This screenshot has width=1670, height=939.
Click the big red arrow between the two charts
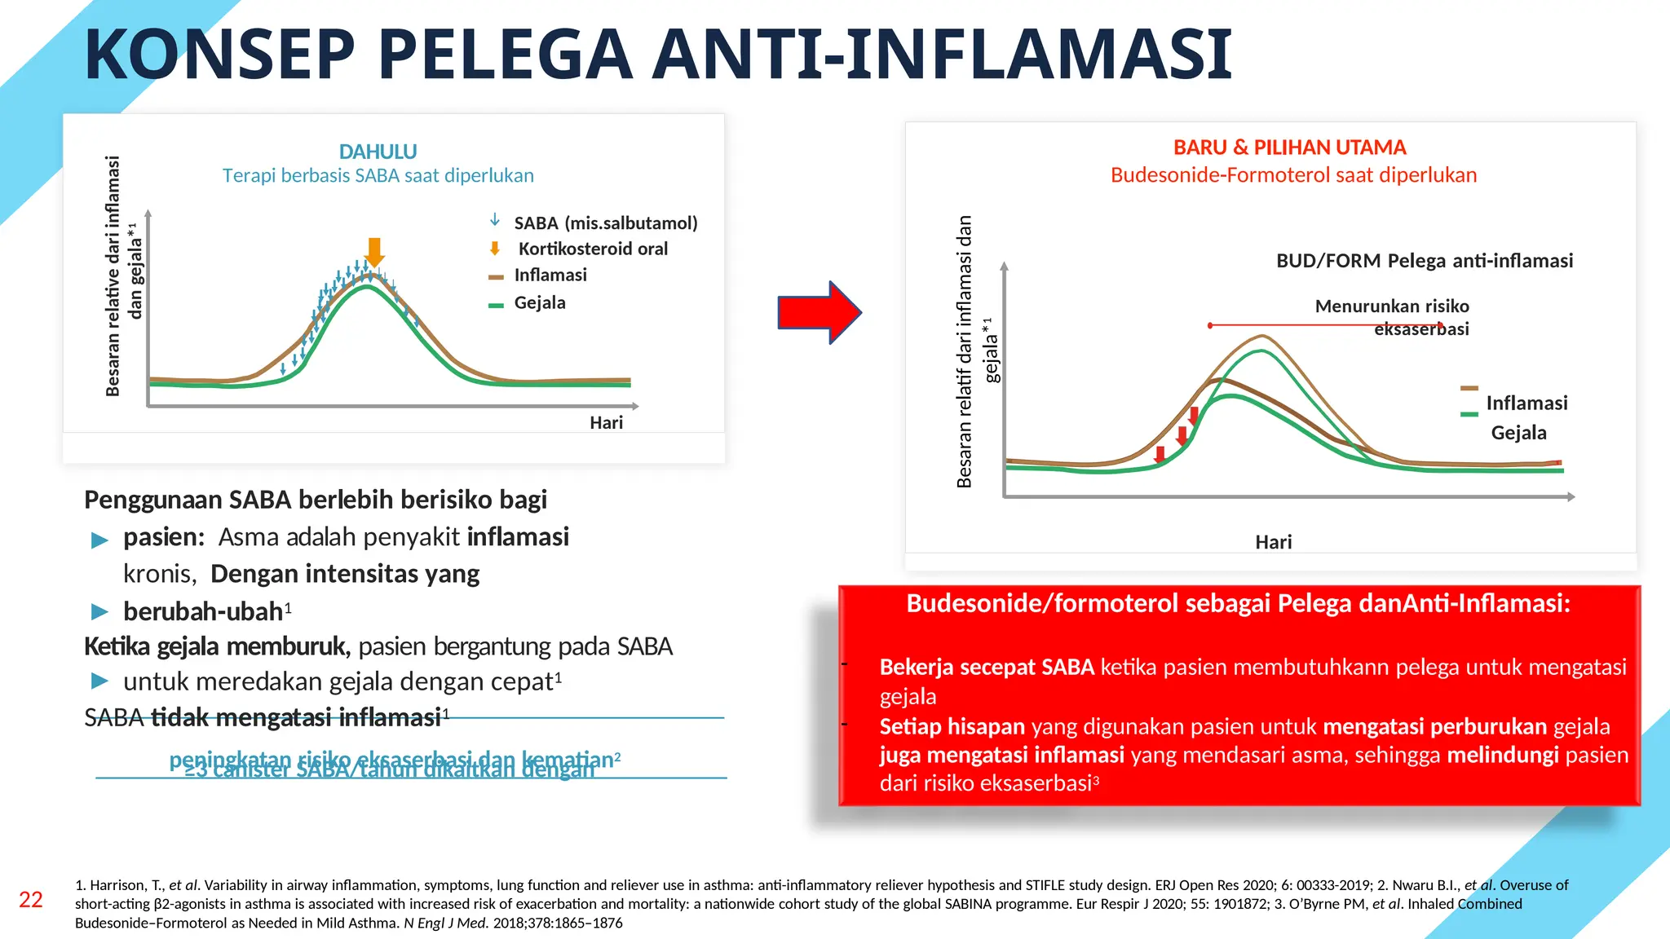coord(818,312)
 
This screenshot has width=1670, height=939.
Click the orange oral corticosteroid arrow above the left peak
coord(374,251)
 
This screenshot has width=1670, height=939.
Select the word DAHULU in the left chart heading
coord(378,152)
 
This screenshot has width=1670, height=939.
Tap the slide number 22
coord(31,900)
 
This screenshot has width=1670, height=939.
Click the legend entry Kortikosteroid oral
coord(592,249)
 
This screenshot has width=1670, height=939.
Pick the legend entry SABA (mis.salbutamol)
coord(605,223)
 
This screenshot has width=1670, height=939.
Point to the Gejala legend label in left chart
coord(539,302)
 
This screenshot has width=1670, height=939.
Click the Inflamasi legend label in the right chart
coord(1526,403)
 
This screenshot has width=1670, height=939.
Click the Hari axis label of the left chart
coord(606,422)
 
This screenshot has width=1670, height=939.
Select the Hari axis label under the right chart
coord(1273,542)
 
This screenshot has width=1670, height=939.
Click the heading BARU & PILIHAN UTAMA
coord(1289,148)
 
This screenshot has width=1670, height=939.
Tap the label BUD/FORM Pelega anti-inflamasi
coord(1424,261)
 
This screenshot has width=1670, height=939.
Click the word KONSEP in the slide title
coord(219,55)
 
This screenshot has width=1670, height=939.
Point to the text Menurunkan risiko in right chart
coord(1391,306)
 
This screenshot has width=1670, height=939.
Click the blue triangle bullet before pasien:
coord(99,540)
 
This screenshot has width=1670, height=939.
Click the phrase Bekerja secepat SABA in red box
coord(986,668)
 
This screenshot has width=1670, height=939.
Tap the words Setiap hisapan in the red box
coord(952,726)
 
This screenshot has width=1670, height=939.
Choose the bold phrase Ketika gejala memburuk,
coord(217,646)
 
